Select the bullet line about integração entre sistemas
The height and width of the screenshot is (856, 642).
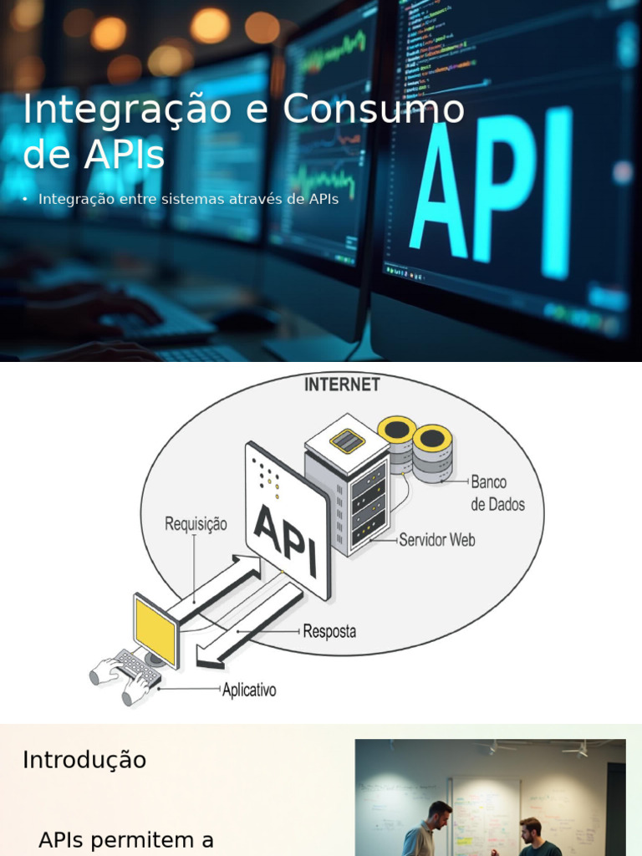click(x=188, y=200)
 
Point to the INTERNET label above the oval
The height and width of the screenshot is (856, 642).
click(x=341, y=385)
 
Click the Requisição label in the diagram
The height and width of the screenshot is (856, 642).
click(x=196, y=524)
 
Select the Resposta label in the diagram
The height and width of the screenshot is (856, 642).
click(x=329, y=632)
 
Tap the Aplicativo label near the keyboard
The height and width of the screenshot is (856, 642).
click(x=249, y=690)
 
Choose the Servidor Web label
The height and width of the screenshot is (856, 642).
click(x=436, y=540)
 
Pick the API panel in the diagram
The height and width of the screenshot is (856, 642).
click(x=287, y=522)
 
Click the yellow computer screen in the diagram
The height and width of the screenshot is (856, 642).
click(x=155, y=629)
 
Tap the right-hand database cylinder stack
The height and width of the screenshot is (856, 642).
click(x=433, y=453)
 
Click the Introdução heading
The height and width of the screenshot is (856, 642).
click(x=84, y=760)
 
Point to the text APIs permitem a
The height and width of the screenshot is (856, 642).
click(x=126, y=840)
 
